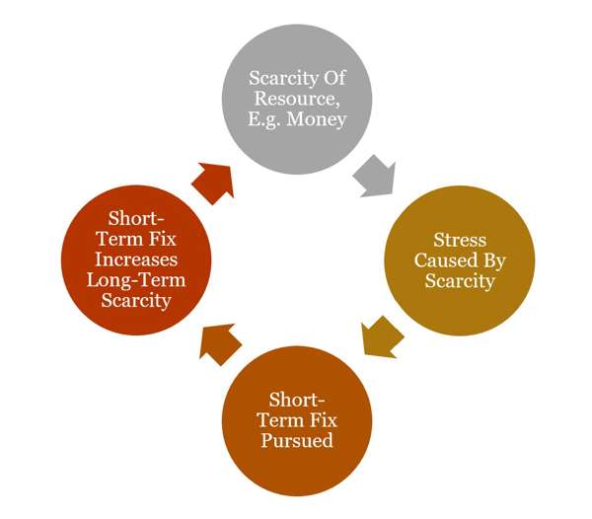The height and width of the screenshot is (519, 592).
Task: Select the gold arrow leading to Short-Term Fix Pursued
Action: click(380, 334)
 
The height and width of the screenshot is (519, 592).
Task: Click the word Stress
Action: click(459, 240)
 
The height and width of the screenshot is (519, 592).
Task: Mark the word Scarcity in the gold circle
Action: click(459, 281)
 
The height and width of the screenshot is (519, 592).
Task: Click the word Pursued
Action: click(296, 441)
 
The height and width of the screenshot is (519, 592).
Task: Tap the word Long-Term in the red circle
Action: click(136, 281)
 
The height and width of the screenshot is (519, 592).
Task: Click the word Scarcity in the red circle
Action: click(136, 302)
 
